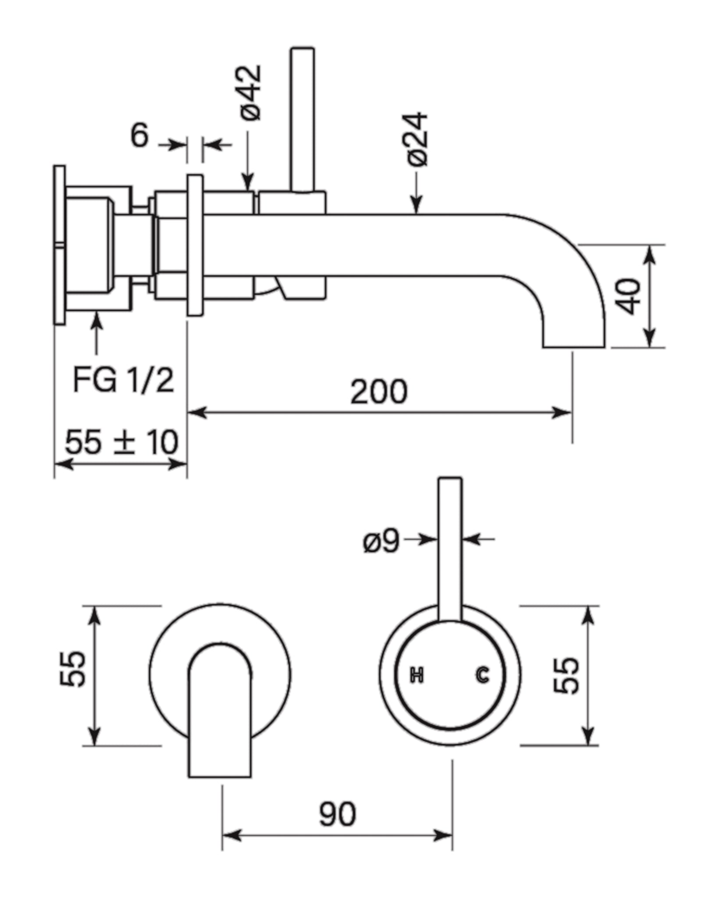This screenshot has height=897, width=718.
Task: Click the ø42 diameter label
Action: tap(251, 93)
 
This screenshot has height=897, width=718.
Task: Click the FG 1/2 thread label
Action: tap(123, 380)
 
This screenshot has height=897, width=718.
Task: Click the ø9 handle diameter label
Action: tap(381, 541)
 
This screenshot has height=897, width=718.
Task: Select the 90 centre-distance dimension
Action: tap(337, 814)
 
